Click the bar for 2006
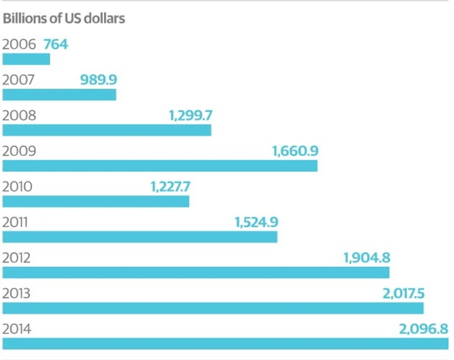click(x=26, y=59)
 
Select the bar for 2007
click(x=59, y=95)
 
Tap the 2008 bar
click(x=107, y=130)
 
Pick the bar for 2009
click(x=160, y=166)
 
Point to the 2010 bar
click(x=96, y=201)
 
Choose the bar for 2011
click(x=140, y=237)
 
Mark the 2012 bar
click(x=196, y=273)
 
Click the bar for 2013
click(x=213, y=308)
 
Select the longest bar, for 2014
click(x=225, y=344)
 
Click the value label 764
click(x=56, y=44)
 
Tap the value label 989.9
click(x=98, y=79)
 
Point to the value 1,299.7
click(x=191, y=115)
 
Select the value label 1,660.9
click(x=295, y=151)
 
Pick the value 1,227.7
click(x=170, y=187)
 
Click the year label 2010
click(x=19, y=187)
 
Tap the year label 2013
click(x=19, y=294)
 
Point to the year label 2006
click(x=20, y=44)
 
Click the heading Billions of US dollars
click(x=64, y=18)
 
